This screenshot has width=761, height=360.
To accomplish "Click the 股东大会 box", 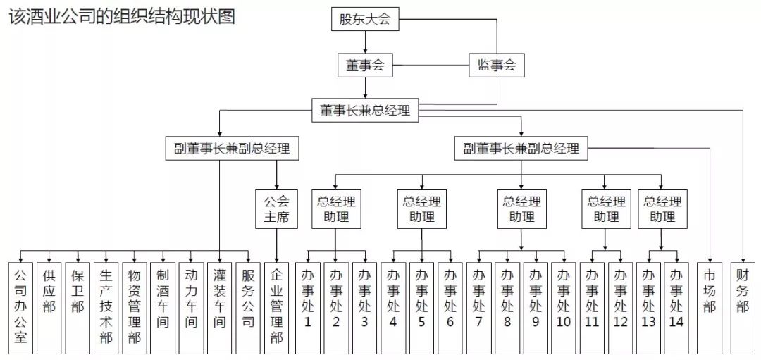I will click(365, 19).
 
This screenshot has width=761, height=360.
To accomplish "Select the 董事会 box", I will click(365, 66).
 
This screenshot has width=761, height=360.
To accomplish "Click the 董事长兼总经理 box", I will click(365, 110).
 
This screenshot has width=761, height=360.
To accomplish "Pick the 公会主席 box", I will click(276, 209).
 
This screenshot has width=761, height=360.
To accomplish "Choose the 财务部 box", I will click(743, 307).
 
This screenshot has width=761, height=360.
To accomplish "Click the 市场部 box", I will click(710, 307).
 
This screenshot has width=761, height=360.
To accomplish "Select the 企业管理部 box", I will click(276, 307).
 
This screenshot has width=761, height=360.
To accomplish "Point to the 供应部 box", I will click(49, 307).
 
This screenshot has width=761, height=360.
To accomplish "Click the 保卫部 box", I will click(78, 307).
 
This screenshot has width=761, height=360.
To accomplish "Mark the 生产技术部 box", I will click(106, 307).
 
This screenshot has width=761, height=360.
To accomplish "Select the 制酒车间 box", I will click(163, 307).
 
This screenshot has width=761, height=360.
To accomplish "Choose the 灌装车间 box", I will click(219, 307).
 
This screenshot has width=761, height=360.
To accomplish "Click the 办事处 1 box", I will click(307, 307).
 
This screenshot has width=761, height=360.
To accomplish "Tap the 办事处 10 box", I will click(564, 307).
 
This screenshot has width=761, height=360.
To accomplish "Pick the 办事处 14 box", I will click(676, 307).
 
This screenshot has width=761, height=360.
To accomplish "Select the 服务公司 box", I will click(247, 307).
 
